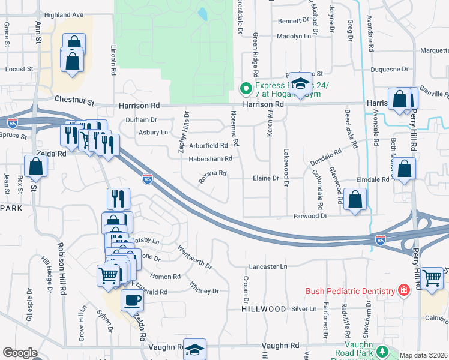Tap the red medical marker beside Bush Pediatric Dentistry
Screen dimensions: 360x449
404,291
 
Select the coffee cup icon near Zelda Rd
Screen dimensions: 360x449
132,300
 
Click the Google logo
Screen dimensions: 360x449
20,353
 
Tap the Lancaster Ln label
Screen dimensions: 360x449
268,266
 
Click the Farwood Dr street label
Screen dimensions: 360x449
310,215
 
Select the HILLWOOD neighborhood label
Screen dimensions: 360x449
264,308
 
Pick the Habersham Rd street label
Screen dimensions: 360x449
211,159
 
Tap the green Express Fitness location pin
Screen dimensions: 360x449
246,89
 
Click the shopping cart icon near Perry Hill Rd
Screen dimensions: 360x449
432,278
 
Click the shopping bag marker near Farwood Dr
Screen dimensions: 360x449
355,200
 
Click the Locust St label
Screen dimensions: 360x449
19,69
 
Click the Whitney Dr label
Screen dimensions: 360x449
204,287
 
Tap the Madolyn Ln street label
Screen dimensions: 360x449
294,36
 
